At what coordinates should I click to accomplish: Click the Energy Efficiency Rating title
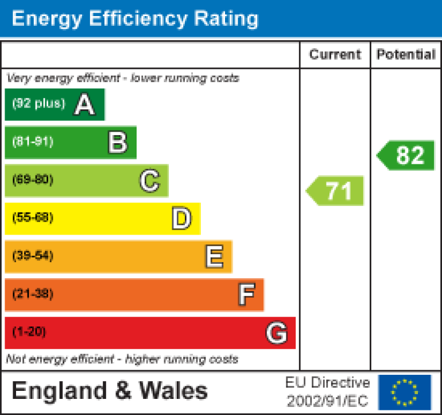(135, 18)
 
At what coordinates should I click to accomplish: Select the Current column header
(335, 55)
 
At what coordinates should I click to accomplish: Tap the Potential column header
(406, 55)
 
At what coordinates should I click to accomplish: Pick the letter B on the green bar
(118, 143)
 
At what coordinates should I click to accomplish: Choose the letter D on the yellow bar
(181, 219)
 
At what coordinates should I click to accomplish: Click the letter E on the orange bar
(214, 257)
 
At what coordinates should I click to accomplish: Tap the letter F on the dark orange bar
(246, 295)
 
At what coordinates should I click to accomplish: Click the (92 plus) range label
(38, 104)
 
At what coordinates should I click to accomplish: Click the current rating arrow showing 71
(336, 191)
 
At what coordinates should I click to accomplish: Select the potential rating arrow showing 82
(406, 155)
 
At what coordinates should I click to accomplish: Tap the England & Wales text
(110, 391)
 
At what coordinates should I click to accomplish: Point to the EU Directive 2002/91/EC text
(328, 392)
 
